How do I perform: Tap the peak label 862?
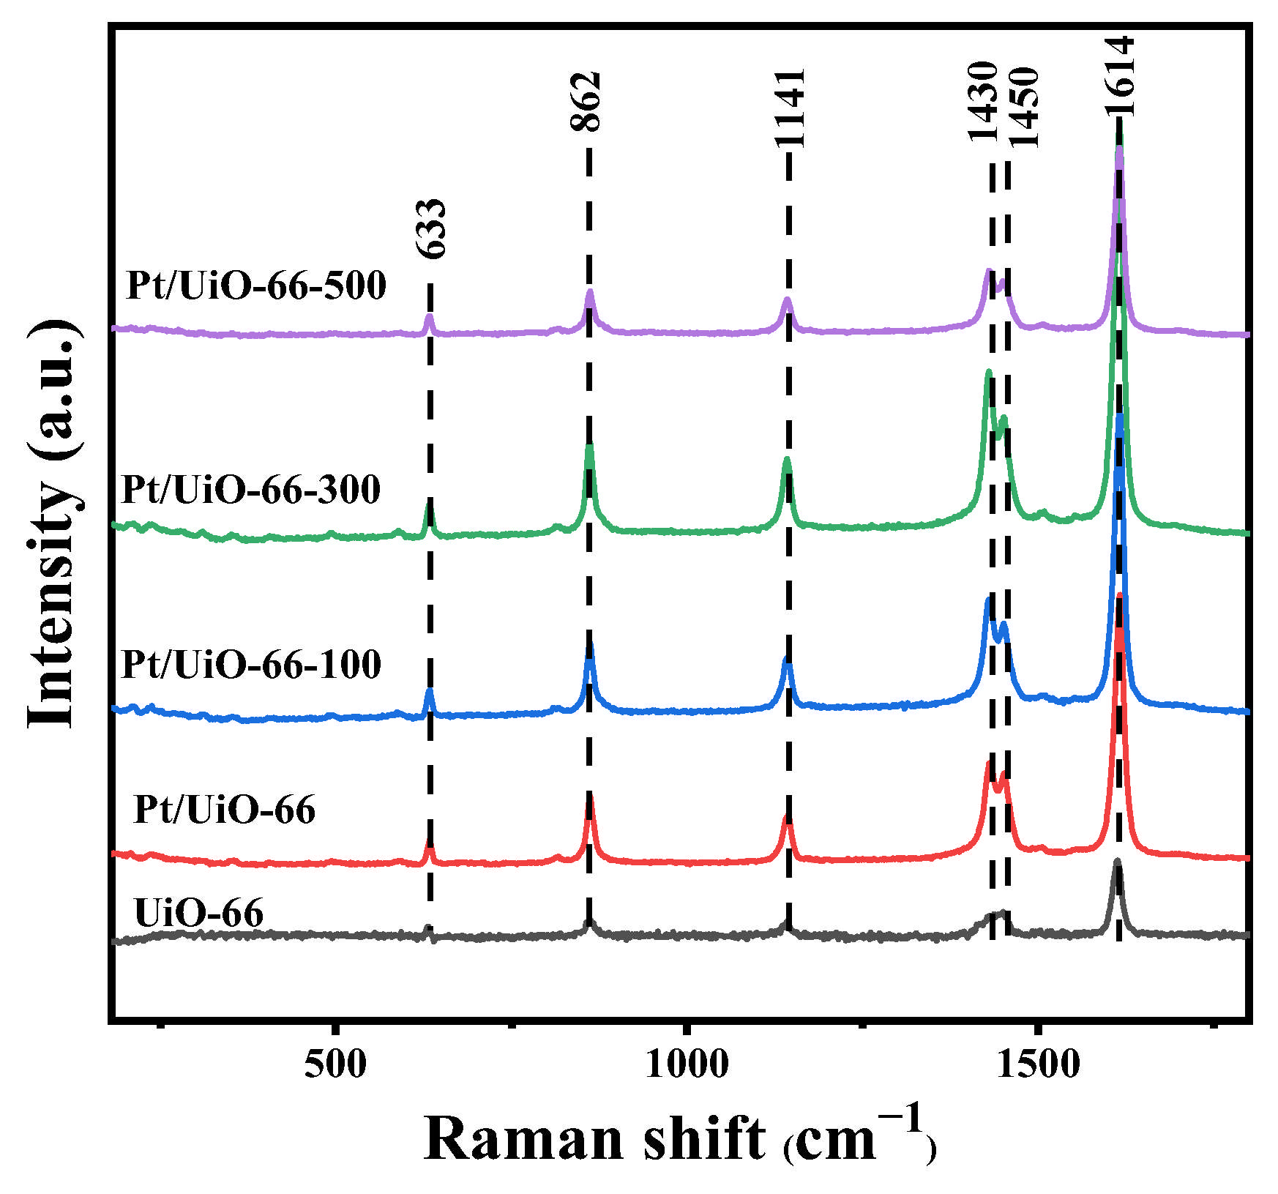(586, 102)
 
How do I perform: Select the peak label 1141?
(791, 108)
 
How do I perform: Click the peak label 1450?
(1024, 107)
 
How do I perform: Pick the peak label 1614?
(1120, 76)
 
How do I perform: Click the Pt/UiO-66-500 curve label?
(256, 285)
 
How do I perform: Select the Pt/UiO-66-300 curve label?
(251, 488)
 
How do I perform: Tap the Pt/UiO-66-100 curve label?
(251, 664)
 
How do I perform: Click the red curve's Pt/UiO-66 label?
(225, 809)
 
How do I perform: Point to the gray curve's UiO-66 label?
(198, 912)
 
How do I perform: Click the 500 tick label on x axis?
(335, 1064)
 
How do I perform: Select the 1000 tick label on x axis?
(686, 1064)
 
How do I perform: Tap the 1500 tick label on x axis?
(1038, 1064)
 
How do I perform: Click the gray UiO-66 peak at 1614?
(1117, 862)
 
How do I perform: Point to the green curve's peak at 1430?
(988, 373)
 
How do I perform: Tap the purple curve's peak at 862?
(589, 291)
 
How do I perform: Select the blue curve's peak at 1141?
(788, 660)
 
